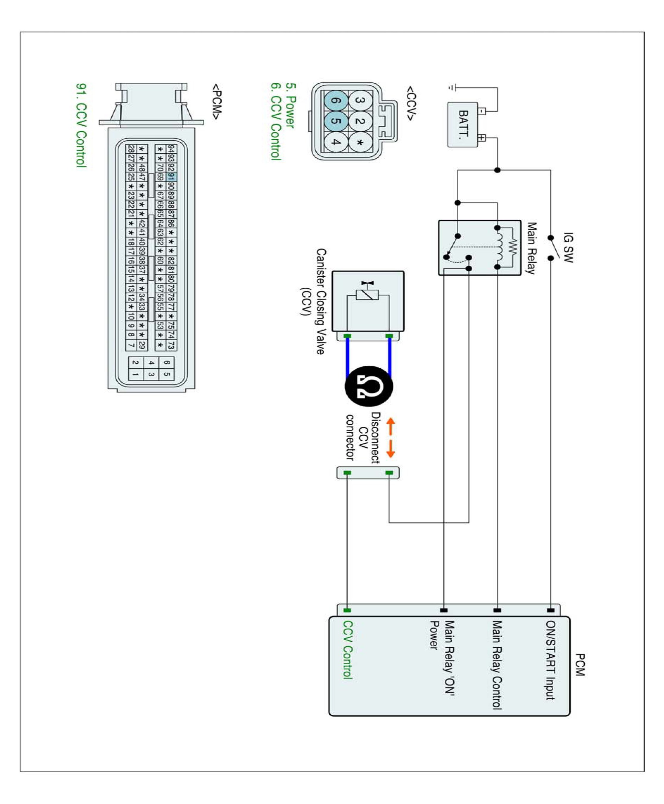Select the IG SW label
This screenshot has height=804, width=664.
tap(568, 247)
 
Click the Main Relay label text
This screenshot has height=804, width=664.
tap(531, 248)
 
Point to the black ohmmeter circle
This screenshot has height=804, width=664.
tap(369, 386)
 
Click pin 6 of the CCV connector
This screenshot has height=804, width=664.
tap(336, 101)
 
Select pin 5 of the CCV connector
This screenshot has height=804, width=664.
tap(336, 121)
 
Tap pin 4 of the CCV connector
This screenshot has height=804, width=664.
tap(336, 142)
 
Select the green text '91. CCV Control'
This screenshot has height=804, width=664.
tap(81, 125)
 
